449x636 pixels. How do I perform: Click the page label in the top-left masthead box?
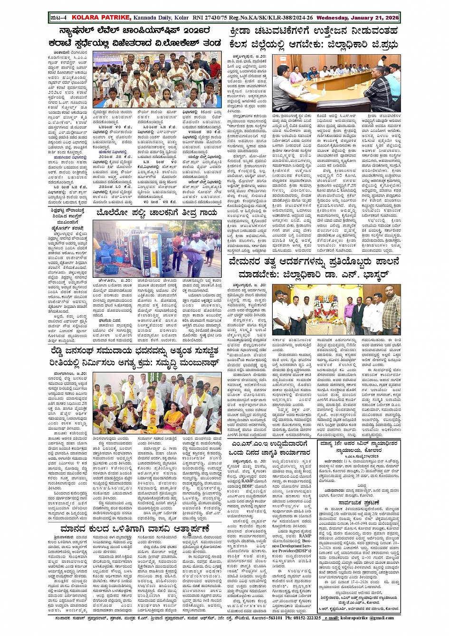pos(58,18)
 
